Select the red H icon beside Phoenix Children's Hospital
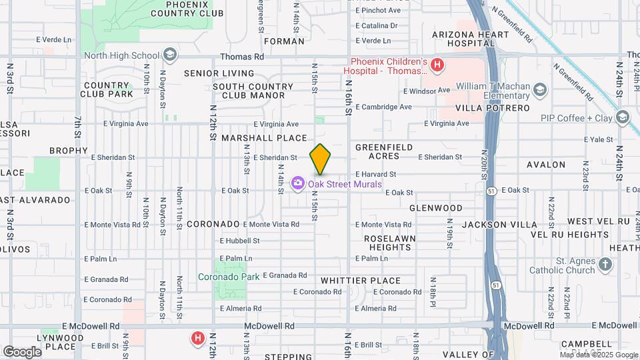(437, 65)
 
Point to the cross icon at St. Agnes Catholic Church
(605, 265)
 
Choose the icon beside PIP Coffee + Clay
(622, 118)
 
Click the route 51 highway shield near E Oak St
(491, 191)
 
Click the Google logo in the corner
(21, 351)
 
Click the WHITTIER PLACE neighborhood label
(361, 281)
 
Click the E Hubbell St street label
(239, 241)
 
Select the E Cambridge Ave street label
(383, 107)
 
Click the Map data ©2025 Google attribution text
(597, 355)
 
